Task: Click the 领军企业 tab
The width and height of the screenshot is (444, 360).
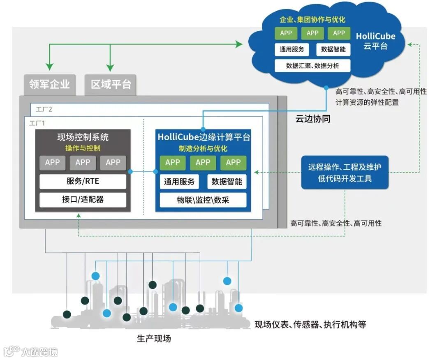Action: [49, 85]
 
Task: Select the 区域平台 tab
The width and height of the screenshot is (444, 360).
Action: [111, 85]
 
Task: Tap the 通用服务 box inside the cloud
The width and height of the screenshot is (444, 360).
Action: [292, 49]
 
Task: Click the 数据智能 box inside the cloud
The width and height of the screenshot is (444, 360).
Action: [333, 49]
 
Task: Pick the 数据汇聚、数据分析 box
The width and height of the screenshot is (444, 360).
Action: [312, 65]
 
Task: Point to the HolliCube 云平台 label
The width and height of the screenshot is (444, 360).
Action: [375, 41]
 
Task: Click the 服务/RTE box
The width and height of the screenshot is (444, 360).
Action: [83, 181]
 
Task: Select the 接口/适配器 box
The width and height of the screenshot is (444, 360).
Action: [83, 200]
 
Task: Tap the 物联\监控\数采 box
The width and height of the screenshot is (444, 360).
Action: [203, 200]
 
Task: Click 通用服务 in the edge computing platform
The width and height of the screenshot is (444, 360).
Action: [179, 181]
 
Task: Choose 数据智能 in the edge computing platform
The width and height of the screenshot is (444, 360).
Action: [227, 181]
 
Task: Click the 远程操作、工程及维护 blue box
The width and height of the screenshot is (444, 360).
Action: [345, 173]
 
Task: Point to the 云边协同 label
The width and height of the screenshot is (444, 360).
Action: [313, 120]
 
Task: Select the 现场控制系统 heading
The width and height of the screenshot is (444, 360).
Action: [83, 137]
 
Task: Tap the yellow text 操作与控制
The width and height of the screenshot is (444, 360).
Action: [83, 148]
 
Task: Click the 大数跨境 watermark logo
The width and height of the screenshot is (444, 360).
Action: [31, 351]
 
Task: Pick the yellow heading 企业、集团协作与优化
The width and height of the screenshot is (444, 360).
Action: [312, 19]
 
